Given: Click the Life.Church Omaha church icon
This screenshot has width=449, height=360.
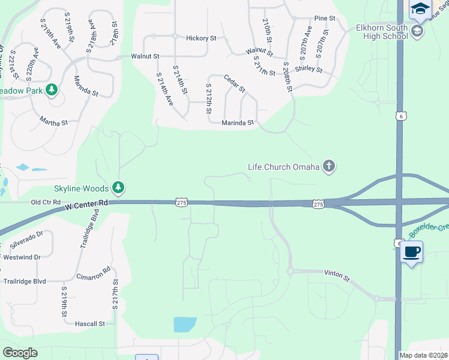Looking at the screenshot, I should tap(328, 166).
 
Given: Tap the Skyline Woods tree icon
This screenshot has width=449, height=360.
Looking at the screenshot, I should tap(119, 188).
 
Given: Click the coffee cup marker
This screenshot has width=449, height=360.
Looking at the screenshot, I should tap(411, 252).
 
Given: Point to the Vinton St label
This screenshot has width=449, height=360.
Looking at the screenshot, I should tap(337, 278).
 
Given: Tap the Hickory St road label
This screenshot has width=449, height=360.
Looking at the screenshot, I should tap(201, 38).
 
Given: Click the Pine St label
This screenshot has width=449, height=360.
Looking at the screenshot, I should tap(324, 19).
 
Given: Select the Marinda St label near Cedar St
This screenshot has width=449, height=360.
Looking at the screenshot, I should tap(238, 122).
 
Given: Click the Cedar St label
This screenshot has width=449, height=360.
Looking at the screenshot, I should tap(234, 83).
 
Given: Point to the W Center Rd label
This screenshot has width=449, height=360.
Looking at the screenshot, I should tap(86, 207).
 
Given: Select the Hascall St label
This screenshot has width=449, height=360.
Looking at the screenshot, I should tap(90, 323).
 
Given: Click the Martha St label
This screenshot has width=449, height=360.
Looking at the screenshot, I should tap(54, 122).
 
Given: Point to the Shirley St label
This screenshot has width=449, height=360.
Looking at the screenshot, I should tap(309, 69).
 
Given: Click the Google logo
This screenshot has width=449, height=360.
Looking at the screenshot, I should tap(20, 352).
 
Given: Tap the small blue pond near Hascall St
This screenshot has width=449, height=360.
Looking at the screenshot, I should tap(185, 325).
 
